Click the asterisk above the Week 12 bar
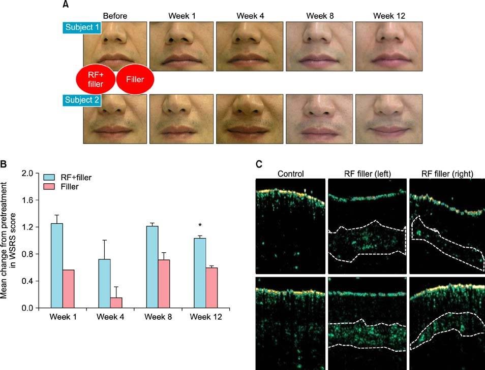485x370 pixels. [200, 226]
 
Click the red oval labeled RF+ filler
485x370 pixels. [95, 80]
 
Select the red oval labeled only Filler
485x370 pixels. [135, 80]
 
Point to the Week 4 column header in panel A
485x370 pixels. [250, 15]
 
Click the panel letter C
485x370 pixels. [259, 164]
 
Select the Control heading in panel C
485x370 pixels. [290, 174]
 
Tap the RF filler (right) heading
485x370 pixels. [447, 174]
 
